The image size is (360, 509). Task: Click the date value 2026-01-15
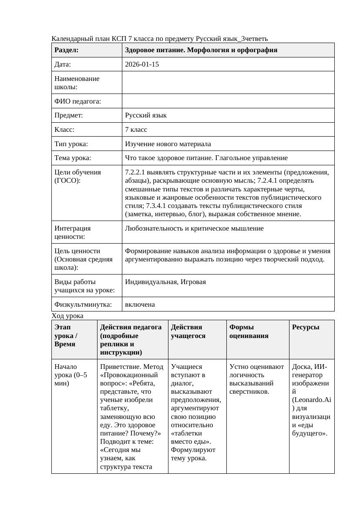tap(142, 64)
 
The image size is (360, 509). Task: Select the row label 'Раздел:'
tap(67, 50)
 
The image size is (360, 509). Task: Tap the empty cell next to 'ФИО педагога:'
tap(228, 101)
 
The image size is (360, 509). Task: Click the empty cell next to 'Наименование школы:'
tap(228, 83)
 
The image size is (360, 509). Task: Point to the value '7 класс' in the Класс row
tap(136, 130)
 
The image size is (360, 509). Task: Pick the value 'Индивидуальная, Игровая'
tap(165, 282)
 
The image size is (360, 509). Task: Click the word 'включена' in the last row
tap(140, 305)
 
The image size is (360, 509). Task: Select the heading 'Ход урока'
tap(67, 316)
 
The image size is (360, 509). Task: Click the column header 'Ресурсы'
tap(306, 327)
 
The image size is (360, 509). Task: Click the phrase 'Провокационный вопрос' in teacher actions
tap(129, 379)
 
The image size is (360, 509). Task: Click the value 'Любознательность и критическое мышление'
tap(194, 228)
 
